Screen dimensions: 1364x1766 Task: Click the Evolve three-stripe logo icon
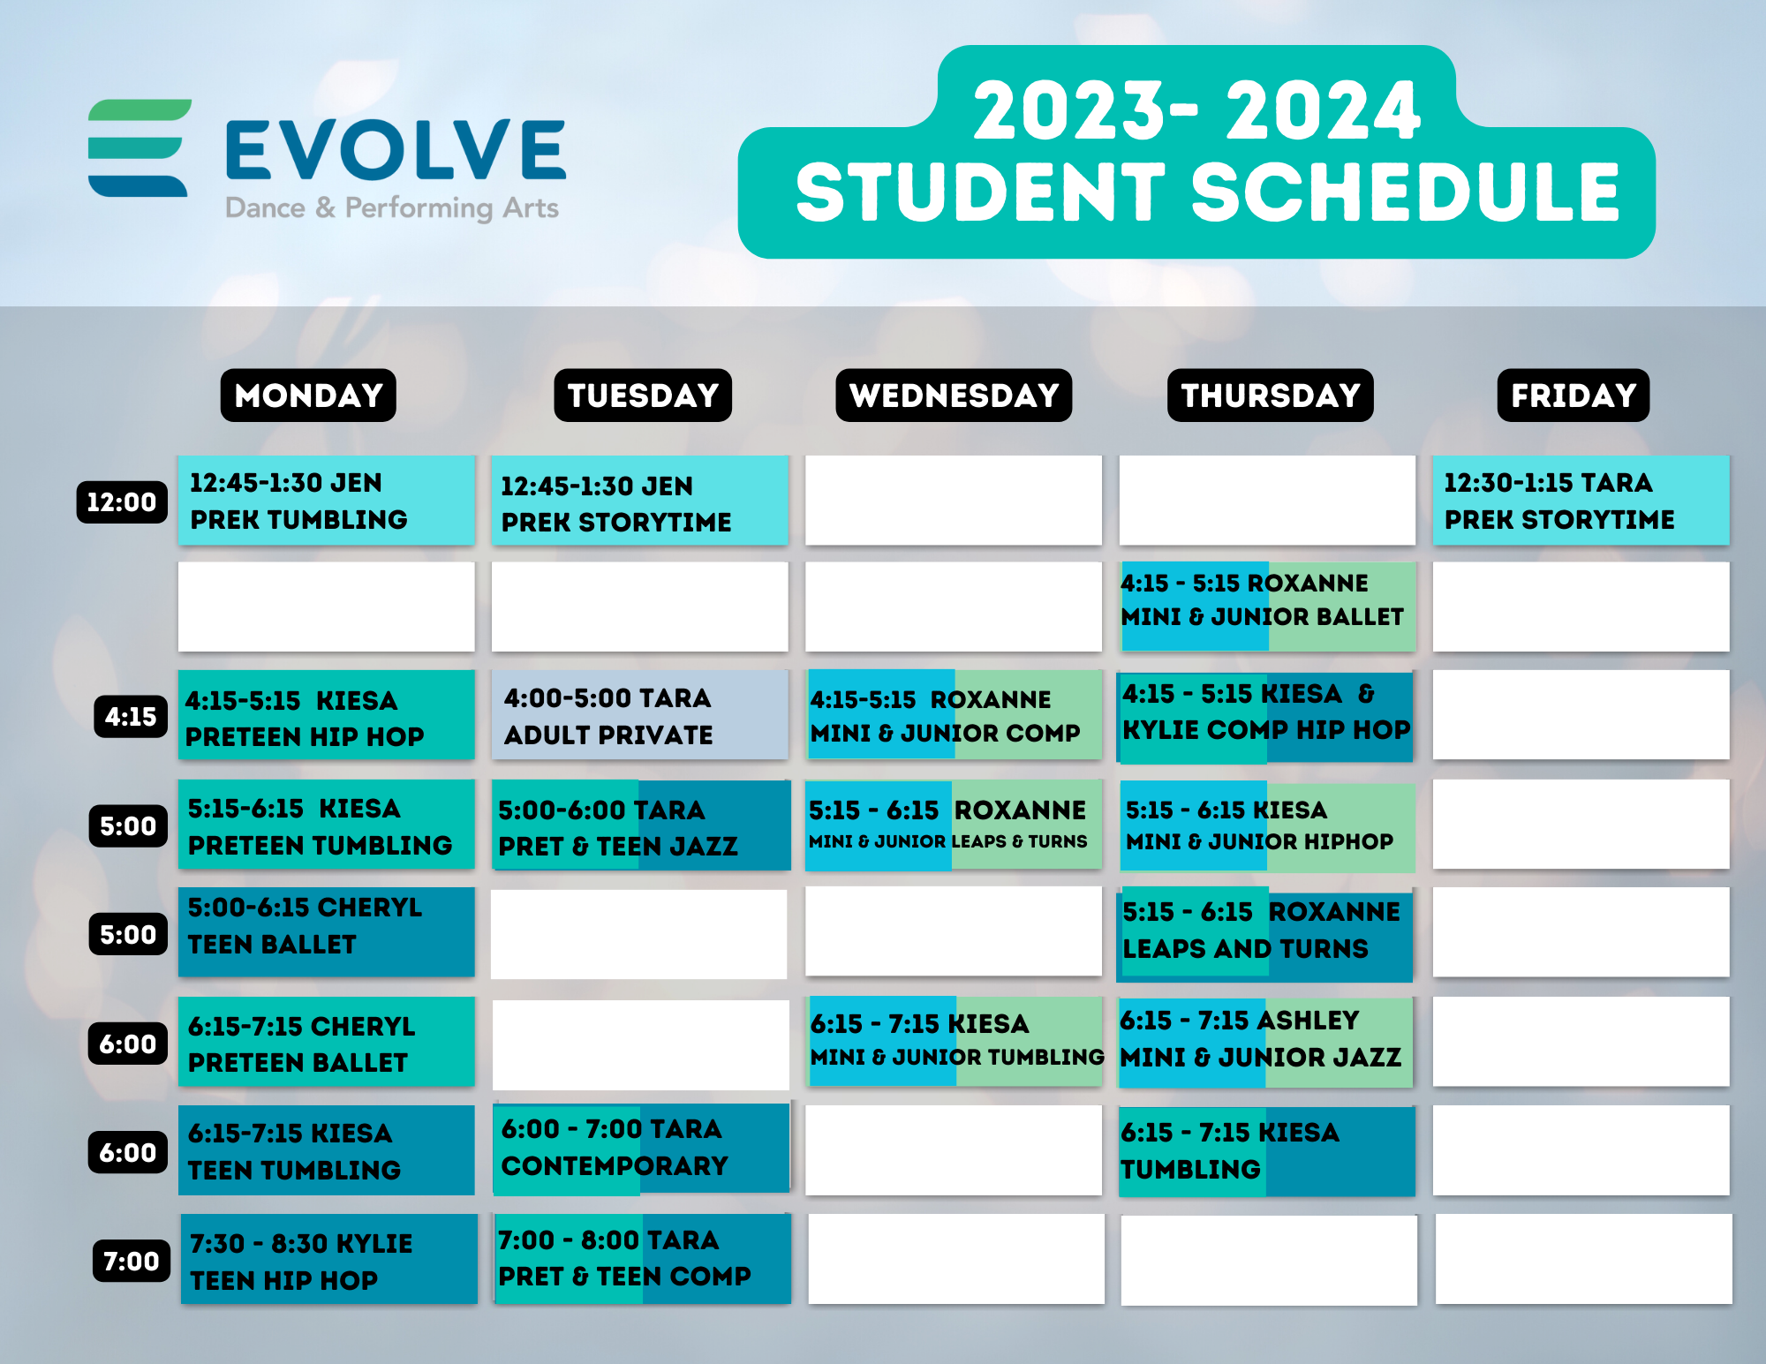point(139,147)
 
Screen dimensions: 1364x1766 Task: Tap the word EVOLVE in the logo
point(395,150)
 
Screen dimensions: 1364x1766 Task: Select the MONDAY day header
point(308,396)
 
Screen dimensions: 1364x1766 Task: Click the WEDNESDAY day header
point(954,396)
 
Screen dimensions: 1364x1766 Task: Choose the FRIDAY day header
point(1573,396)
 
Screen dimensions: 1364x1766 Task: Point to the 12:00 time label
point(122,502)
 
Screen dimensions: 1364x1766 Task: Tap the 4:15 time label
point(131,716)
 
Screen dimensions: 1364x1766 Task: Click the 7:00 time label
point(131,1261)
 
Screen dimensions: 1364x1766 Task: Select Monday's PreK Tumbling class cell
point(326,501)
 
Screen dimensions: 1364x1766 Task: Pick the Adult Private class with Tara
point(639,715)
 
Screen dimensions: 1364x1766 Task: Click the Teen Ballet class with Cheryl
point(326,931)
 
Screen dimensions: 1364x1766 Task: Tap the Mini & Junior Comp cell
point(954,715)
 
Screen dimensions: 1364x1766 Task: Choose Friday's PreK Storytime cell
point(1580,501)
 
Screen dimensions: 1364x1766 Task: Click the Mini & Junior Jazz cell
point(1266,1040)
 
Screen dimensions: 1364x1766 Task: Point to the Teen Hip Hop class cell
point(328,1260)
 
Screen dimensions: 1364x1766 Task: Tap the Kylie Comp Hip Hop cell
point(1266,715)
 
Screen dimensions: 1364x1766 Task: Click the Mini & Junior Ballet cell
point(1267,607)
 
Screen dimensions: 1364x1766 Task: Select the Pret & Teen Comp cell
point(642,1259)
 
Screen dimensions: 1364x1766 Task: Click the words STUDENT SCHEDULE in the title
point(1206,192)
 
